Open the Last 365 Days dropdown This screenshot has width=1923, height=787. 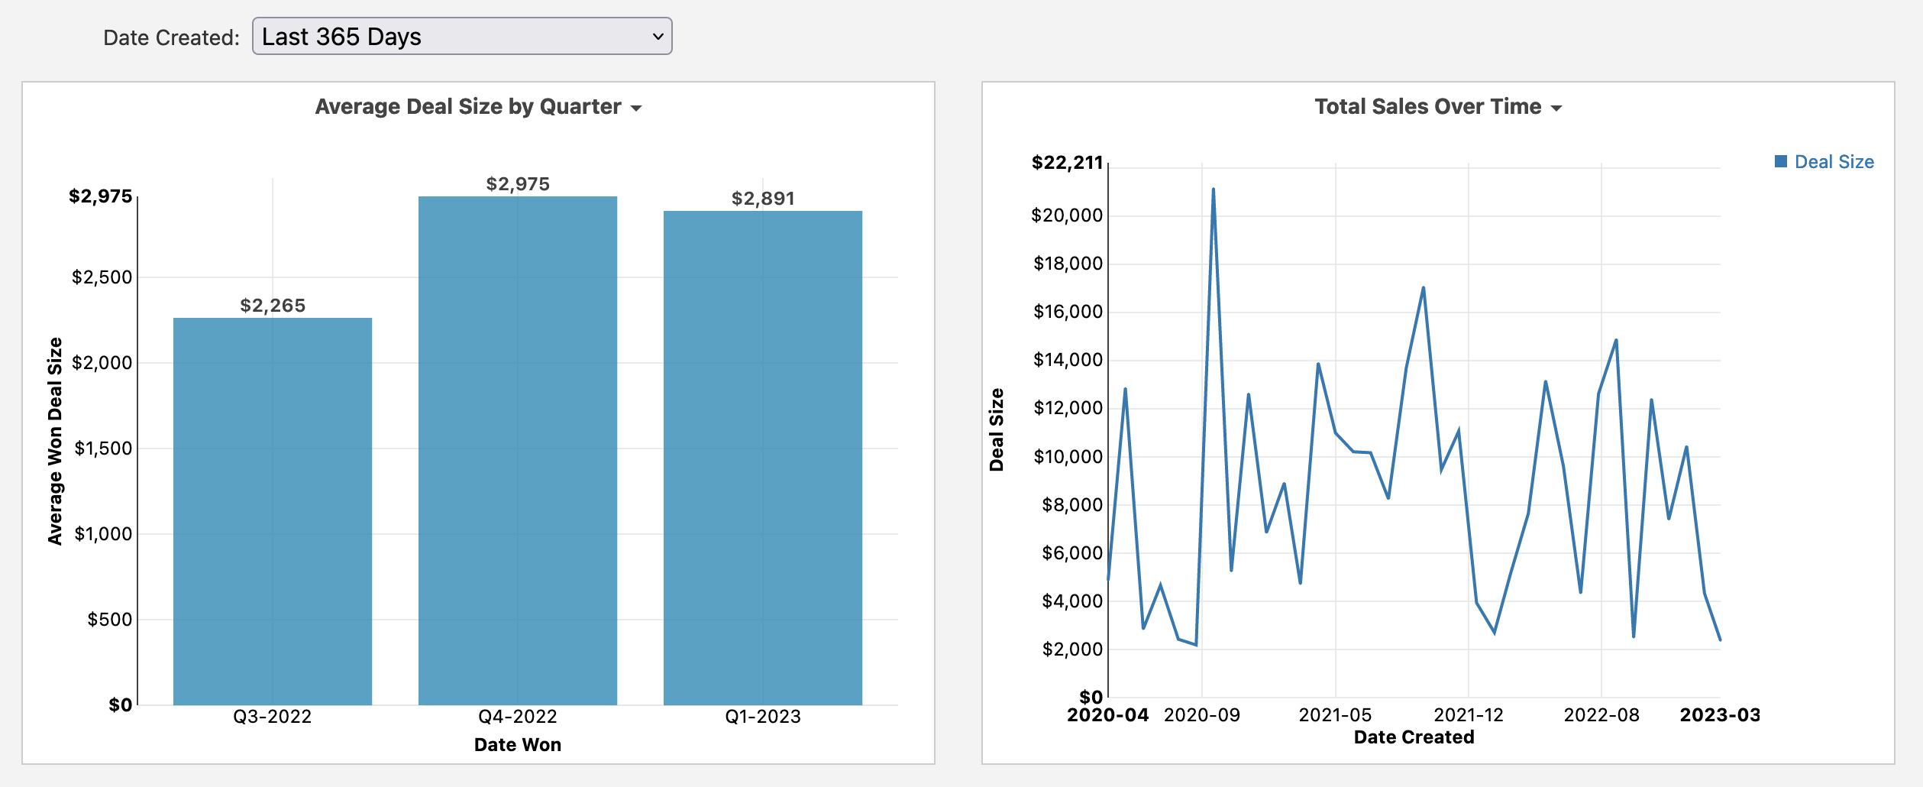[x=461, y=37]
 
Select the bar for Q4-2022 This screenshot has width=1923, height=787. [x=518, y=451]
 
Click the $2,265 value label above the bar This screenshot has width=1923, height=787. [x=273, y=306]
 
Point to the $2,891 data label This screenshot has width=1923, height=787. [x=763, y=199]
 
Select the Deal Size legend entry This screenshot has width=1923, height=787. [x=1824, y=162]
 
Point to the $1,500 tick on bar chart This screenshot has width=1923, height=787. [x=103, y=449]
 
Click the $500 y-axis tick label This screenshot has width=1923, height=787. [x=110, y=620]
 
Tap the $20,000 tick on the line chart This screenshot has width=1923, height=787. [x=1067, y=215]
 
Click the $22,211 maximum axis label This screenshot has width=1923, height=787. [x=1067, y=163]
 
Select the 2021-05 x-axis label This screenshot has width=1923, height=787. [x=1335, y=715]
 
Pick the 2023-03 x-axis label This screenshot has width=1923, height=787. [x=1720, y=715]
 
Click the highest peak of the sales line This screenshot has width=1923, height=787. [x=1214, y=189]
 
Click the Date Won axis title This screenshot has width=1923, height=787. [x=518, y=745]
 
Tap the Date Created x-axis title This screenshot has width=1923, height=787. [x=1414, y=737]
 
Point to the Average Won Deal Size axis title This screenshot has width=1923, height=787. [x=55, y=441]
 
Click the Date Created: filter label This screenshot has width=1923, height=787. [x=172, y=38]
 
